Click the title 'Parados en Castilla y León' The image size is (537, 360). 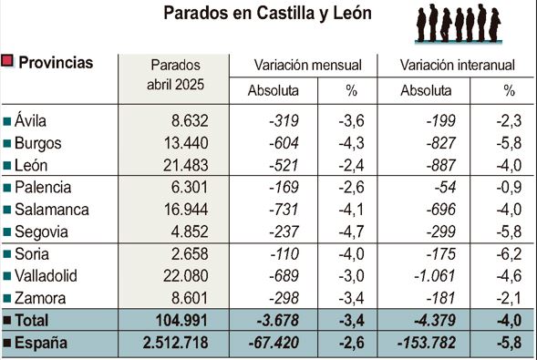tap(267, 15)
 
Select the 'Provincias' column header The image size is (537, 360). tap(56, 63)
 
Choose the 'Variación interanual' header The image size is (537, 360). tap(458, 65)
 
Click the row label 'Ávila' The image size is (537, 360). tap(31, 119)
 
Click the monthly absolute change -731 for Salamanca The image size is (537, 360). tap(293, 209)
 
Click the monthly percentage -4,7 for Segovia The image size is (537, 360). tap(354, 231)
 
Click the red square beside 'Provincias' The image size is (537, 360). tap(8, 62)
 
